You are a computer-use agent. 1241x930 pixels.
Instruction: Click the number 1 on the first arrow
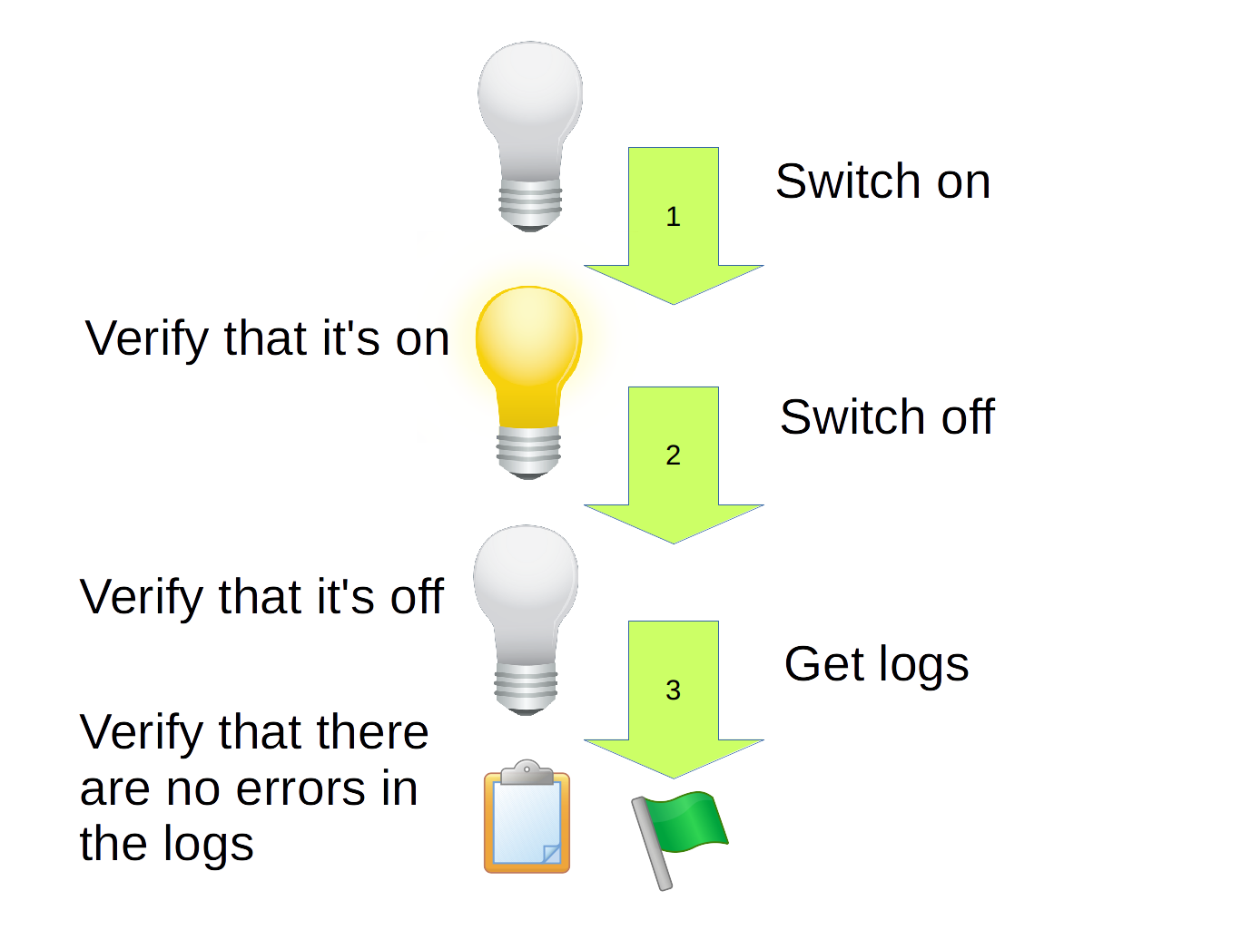point(673,217)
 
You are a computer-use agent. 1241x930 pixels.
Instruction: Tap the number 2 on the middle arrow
point(673,455)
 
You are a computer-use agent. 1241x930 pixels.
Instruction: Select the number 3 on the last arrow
point(673,690)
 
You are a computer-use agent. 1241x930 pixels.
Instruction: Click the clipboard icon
point(527,821)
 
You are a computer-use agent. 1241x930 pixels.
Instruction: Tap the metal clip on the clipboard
point(527,772)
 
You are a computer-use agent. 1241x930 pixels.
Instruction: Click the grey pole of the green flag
point(653,845)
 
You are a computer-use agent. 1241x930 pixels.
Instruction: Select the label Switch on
point(882,181)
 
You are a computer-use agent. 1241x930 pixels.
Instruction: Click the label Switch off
point(887,417)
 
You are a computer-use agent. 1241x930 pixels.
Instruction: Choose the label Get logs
point(876,664)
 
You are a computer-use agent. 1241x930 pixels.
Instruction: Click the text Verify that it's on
point(267,339)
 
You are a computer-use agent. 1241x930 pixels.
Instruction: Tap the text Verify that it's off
point(261,597)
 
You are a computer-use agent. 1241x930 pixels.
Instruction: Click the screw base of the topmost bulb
point(530,205)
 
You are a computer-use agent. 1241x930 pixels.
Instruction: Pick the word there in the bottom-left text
point(367,732)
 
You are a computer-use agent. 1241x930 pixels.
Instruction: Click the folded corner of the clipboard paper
point(551,853)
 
